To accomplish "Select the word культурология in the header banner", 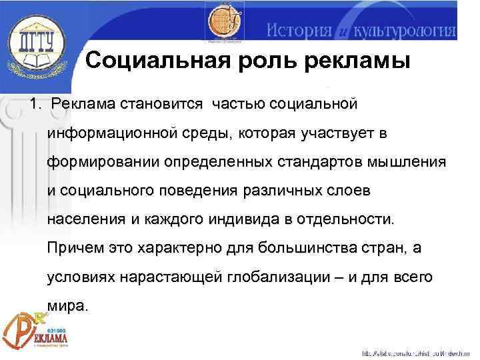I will pos(403,30).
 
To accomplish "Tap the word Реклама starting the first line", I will pos(84,105).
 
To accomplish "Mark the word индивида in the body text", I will pos(220,220).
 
